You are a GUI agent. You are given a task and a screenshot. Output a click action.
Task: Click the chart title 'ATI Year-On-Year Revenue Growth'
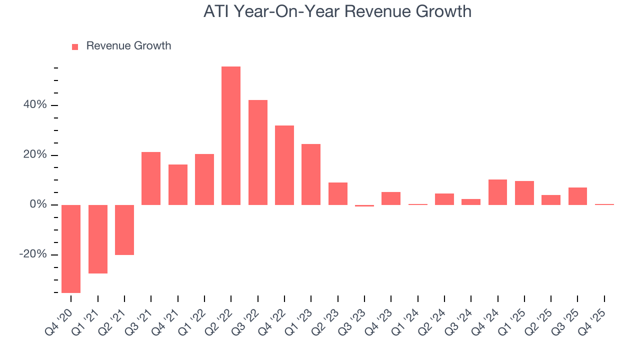pyautogui.click(x=337, y=11)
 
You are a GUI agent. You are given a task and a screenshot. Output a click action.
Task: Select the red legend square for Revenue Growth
pyautogui.click(x=75, y=46)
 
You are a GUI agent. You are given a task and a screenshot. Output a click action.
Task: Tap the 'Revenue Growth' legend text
pyautogui.click(x=128, y=46)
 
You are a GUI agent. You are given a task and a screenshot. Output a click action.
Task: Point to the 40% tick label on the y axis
pyautogui.click(x=34, y=105)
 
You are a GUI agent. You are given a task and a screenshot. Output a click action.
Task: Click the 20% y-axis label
pyautogui.click(x=34, y=155)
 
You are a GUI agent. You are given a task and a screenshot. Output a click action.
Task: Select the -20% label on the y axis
pyautogui.click(x=33, y=254)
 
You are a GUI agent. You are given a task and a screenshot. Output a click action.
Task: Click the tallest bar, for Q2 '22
pyautogui.click(x=231, y=135)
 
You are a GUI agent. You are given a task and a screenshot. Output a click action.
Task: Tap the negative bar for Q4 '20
pyautogui.click(x=71, y=248)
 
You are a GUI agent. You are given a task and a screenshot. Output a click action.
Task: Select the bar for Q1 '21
pyautogui.click(x=98, y=239)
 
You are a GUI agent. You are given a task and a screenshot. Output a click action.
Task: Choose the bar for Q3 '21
pyautogui.click(x=151, y=178)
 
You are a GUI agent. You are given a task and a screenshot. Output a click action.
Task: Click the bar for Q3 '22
pyautogui.click(x=258, y=152)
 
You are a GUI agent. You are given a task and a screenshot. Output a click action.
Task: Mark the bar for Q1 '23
pyautogui.click(x=311, y=174)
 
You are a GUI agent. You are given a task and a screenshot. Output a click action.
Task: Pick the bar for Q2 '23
pyautogui.click(x=338, y=193)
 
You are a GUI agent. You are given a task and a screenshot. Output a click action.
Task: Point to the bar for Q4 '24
pyautogui.click(x=497, y=192)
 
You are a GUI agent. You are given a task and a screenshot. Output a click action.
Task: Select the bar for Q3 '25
pyautogui.click(x=577, y=196)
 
